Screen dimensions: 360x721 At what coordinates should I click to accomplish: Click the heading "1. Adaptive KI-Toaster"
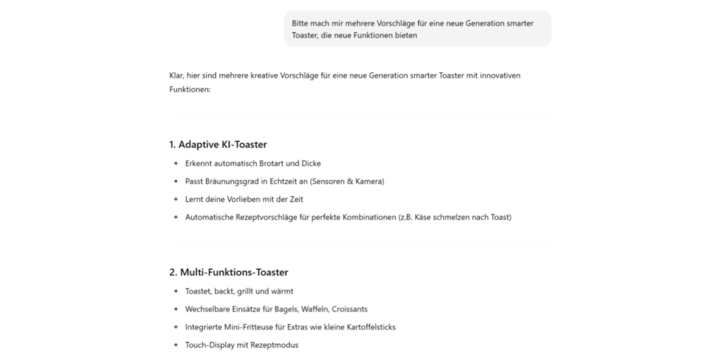(x=217, y=145)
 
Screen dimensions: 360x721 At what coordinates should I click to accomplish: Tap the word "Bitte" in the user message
(x=301, y=23)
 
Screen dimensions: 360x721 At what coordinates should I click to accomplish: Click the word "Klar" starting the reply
(x=176, y=75)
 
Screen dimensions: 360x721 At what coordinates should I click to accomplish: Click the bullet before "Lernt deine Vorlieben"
(x=176, y=199)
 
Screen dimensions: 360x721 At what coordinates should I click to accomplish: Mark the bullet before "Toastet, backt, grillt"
(x=176, y=291)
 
